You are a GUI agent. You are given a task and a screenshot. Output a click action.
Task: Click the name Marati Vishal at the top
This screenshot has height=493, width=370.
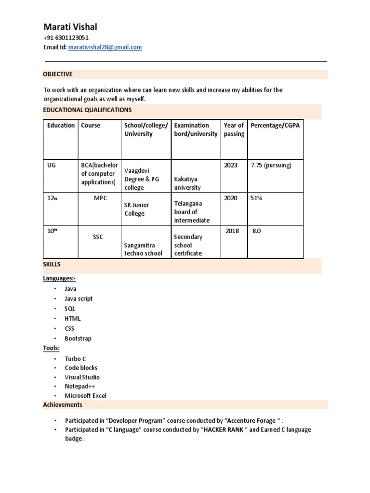pyautogui.click(x=70, y=26)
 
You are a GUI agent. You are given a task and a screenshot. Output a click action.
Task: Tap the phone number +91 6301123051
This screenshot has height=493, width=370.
pyautogui.click(x=66, y=38)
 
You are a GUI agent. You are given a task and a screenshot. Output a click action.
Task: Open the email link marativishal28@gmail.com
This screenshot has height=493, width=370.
pyautogui.click(x=105, y=47)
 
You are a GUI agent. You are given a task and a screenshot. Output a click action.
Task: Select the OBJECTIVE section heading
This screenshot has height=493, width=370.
pyautogui.click(x=58, y=74)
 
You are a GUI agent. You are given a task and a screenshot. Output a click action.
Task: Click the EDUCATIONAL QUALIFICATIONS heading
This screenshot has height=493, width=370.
pyautogui.click(x=87, y=110)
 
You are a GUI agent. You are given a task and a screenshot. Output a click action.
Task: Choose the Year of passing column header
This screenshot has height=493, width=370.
pyautogui.click(x=234, y=130)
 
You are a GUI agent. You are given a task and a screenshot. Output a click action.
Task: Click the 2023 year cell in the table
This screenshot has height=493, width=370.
pyautogui.click(x=231, y=165)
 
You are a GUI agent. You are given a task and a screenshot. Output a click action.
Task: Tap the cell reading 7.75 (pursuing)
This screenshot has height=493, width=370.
pyautogui.click(x=271, y=165)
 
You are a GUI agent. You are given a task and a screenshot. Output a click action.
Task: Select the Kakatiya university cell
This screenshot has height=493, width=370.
pyautogui.click(x=187, y=183)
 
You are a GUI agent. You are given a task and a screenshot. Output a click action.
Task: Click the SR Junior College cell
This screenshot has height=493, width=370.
pyautogui.click(x=137, y=209)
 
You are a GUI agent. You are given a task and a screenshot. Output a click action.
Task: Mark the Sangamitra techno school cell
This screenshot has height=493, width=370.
pyautogui.click(x=143, y=249)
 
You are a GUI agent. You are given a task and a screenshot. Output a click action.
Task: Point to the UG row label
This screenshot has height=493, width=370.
pyautogui.click(x=52, y=165)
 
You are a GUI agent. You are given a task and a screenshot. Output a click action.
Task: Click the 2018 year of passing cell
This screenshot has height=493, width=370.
pyautogui.click(x=233, y=231)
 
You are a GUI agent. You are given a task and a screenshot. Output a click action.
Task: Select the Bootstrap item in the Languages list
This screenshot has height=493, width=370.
pyautogui.click(x=78, y=338)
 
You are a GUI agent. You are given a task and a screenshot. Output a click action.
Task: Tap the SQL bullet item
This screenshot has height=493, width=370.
pyautogui.click(x=70, y=309)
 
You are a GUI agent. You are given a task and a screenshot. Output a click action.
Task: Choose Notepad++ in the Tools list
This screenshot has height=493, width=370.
pyautogui.click(x=79, y=386)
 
